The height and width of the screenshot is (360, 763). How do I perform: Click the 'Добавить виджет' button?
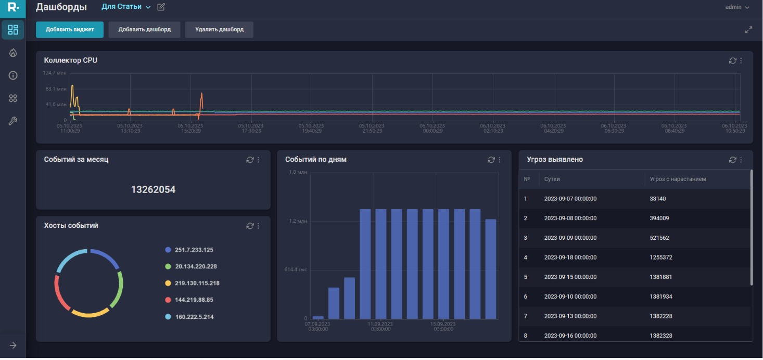tap(70, 30)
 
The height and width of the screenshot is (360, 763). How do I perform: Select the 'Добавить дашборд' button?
tap(144, 30)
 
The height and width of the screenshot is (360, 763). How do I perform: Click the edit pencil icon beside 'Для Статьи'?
tap(161, 7)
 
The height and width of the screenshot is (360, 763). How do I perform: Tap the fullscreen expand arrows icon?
tap(748, 30)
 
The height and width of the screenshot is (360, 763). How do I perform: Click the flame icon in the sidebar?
tap(13, 53)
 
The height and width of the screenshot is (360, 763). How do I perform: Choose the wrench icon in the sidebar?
tap(13, 121)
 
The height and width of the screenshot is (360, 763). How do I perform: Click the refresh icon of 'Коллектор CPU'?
tap(732, 61)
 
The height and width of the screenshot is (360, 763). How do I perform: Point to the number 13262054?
tap(153, 190)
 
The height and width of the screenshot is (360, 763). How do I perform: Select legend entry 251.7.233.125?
tap(194, 250)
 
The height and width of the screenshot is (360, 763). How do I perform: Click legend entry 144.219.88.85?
tap(194, 300)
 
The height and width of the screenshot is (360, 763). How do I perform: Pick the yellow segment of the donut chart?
tap(90, 314)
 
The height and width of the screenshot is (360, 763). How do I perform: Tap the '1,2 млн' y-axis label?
tap(298, 221)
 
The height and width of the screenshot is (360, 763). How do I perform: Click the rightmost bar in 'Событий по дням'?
tap(491, 268)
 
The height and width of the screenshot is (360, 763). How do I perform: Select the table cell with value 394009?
tap(659, 218)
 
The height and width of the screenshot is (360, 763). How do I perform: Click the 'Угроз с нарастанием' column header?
tap(678, 179)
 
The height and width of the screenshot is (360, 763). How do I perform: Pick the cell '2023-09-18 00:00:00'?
tap(570, 258)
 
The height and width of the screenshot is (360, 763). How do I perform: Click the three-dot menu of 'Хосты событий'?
tap(258, 226)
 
